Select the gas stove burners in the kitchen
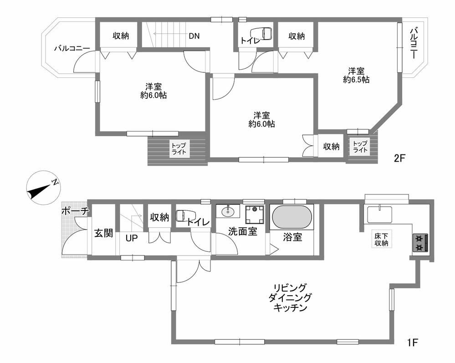[420, 243]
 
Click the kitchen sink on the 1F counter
[379, 215]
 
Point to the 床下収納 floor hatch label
[381, 239]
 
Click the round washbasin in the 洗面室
[228, 211]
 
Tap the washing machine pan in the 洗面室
[255, 215]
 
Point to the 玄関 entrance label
[103, 233]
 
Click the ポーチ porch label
[75, 211]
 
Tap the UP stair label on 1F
[132, 238]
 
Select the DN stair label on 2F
[194, 36]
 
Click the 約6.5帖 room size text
[356, 80]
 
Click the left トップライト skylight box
[179, 149]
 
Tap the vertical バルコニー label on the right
[414, 43]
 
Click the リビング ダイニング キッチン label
[290, 297]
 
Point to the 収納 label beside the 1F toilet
[159, 217]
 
